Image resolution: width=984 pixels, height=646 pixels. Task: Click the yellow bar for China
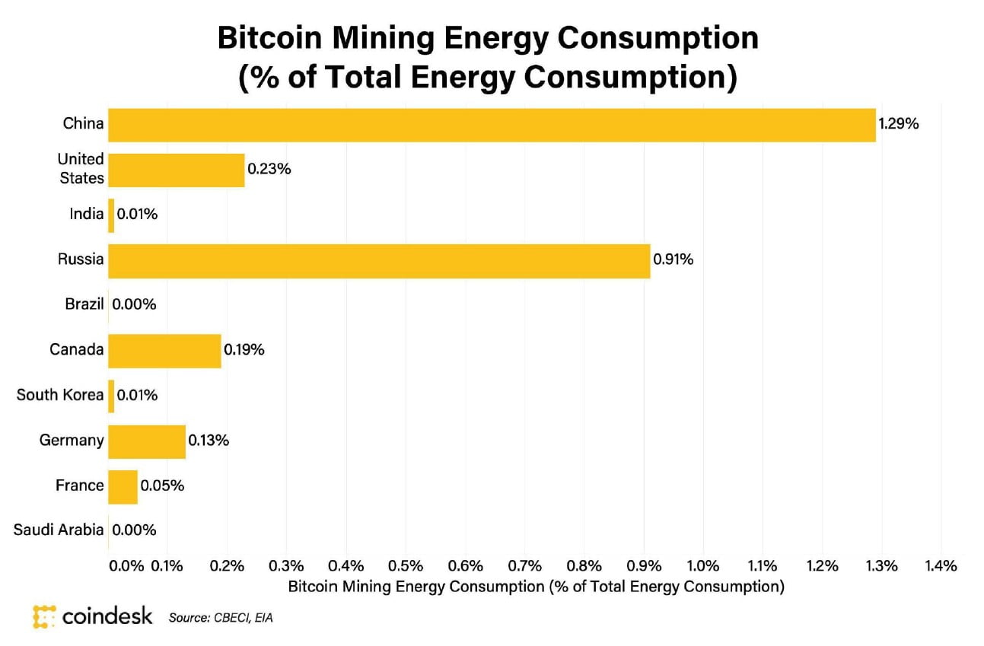click(x=492, y=125)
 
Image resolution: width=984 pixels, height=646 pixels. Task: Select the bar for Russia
click(x=379, y=260)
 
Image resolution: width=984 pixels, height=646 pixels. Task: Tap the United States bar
click(x=177, y=170)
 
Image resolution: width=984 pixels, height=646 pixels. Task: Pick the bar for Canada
click(x=164, y=351)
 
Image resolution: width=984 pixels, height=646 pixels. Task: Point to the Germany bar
click(x=147, y=441)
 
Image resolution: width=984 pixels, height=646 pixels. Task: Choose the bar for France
click(x=123, y=486)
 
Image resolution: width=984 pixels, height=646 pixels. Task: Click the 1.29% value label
click(x=899, y=124)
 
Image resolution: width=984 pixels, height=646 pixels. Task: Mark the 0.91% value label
click(x=674, y=260)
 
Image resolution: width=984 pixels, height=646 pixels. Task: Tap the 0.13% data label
click(x=209, y=441)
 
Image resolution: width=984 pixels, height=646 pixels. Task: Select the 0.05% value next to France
click(x=161, y=485)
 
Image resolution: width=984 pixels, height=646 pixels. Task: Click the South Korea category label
click(x=60, y=395)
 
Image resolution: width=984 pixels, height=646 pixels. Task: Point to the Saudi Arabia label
click(x=59, y=530)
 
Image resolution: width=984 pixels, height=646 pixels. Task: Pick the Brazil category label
click(x=84, y=304)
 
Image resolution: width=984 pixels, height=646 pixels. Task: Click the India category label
click(x=86, y=215)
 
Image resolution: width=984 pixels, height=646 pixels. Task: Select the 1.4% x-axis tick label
click(x=941, y=566)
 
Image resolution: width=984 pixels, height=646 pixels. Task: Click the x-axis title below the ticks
click(x=536, y=587)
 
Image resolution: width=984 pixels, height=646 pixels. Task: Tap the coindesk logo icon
click(x=45, y=616)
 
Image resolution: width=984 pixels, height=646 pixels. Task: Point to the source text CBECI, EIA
click(x=221, y=618)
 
